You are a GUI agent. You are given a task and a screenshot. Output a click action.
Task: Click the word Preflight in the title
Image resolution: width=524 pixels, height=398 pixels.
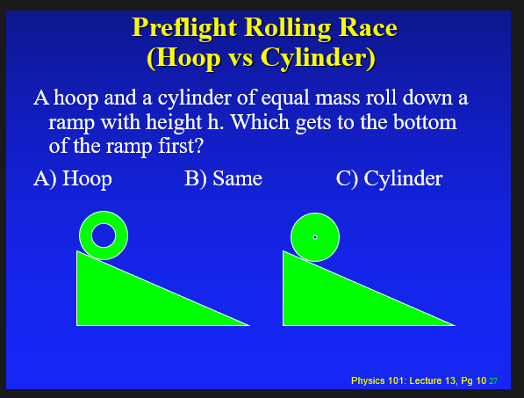[184, 28]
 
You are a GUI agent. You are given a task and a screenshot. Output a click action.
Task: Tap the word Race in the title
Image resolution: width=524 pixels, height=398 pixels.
[368, 27]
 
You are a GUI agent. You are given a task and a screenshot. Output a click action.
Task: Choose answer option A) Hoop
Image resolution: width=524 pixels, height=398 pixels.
[73, 178]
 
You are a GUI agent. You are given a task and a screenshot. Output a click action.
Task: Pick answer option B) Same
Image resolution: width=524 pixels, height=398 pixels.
[223, 178]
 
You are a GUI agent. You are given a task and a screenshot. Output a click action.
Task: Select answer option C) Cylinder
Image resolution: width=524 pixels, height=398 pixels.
[390, 178]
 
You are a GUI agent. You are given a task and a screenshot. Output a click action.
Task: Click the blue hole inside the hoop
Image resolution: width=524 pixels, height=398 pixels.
[104, 235]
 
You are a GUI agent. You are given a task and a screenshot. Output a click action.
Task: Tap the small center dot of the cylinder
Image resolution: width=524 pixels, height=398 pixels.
[315, 237]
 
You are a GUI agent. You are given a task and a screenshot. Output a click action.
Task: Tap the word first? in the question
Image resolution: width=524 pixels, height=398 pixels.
[181, 146]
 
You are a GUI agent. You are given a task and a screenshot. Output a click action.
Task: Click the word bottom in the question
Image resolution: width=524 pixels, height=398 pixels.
[425, 122]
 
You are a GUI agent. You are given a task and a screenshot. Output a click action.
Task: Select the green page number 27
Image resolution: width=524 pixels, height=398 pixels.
[493, 381]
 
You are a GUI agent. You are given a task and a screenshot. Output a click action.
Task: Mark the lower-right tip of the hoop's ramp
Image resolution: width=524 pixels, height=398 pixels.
[249, 325]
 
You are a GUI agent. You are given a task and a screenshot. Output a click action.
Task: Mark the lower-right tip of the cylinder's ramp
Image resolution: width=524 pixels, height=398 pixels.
[456, 325]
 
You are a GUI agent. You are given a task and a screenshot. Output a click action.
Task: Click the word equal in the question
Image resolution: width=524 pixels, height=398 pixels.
[285, 99]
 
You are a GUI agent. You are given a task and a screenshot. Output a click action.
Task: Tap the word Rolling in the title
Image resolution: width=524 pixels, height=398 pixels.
[288, 28]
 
